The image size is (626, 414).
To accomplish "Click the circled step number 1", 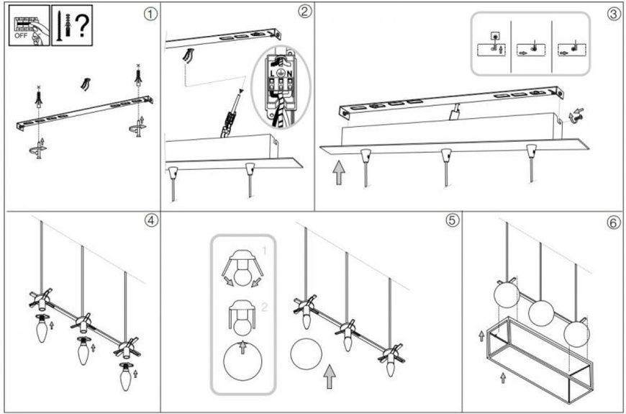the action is point(150,14).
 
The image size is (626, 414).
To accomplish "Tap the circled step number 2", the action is point(304,12).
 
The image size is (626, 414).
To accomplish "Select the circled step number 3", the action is point(614,14).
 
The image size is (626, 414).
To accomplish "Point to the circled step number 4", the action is point(152,220).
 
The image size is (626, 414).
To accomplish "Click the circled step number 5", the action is point(453,220).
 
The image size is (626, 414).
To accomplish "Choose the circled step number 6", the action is point(614,222).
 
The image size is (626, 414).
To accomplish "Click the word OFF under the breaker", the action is point(21,35).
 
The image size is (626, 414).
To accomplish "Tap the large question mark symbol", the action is point(82,25).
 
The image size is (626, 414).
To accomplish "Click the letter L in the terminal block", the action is point(272,73).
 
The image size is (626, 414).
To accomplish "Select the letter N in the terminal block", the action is point(290,73).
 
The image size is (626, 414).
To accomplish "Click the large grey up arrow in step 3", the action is point(339,173).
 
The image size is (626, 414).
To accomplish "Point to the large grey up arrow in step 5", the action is point(330,376).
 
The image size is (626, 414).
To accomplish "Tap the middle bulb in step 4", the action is point(83,350).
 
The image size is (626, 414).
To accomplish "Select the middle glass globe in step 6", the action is point(541,313).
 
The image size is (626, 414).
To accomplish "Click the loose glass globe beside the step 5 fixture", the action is point(307,354).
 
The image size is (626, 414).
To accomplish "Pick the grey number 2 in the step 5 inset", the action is point(264,307).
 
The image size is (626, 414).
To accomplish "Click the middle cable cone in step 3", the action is point(446,156).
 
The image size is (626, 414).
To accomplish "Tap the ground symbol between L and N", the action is point(281,73).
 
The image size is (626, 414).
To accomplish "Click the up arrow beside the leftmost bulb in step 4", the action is point(52,325).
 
